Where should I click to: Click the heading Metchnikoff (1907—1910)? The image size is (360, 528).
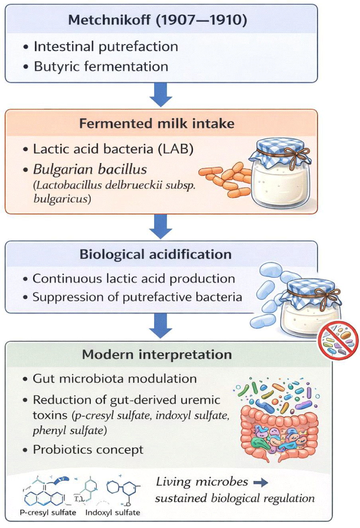158,20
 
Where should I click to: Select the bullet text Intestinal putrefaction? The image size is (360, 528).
106,47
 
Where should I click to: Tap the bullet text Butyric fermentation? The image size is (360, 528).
101,66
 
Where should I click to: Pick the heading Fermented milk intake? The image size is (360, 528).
157,123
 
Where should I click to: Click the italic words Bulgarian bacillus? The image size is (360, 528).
90,170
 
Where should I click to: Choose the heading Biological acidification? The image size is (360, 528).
156,254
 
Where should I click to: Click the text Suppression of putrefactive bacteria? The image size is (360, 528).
137,297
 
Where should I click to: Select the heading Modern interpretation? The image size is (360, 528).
157,355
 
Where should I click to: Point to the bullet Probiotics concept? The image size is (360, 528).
88,450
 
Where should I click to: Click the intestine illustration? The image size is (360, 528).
279,432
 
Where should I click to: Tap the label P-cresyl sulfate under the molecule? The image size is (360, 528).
48,512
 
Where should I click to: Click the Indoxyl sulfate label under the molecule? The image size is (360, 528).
113,512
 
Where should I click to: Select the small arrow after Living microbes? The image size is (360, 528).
261,483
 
